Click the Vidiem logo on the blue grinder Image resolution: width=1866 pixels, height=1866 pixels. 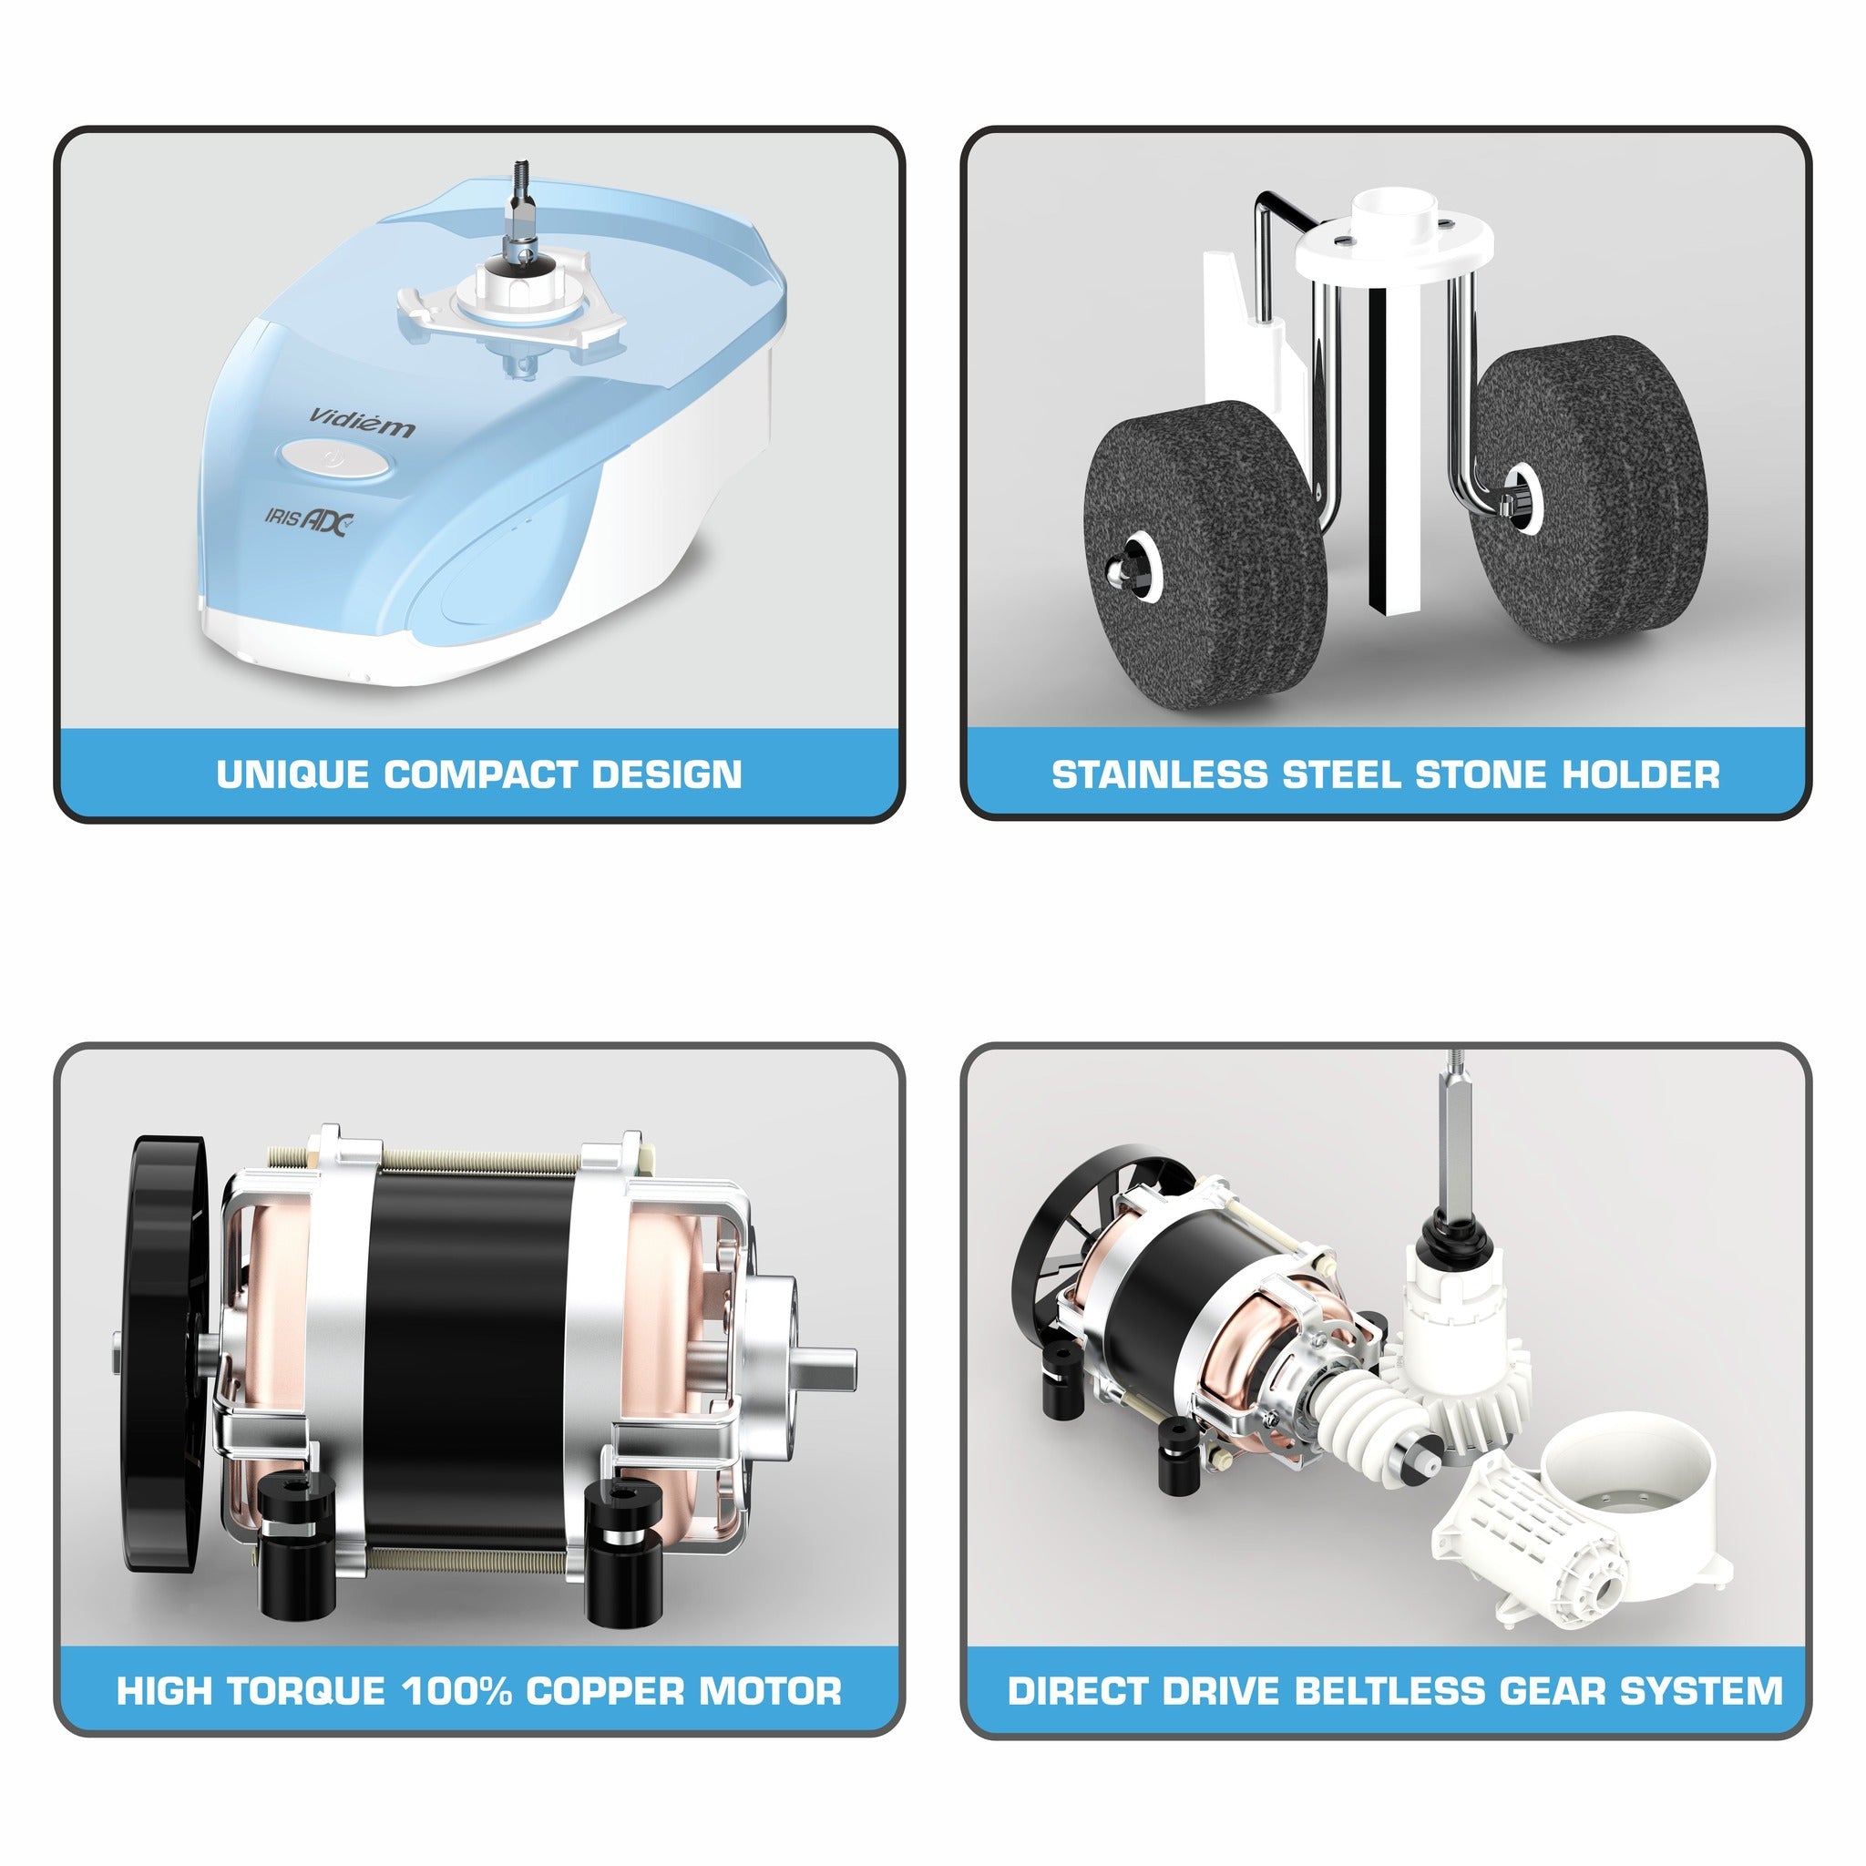pyautogui.click(x=363, y=422)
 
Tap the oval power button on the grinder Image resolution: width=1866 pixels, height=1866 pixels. pyautogui.click(x=336, y=460)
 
